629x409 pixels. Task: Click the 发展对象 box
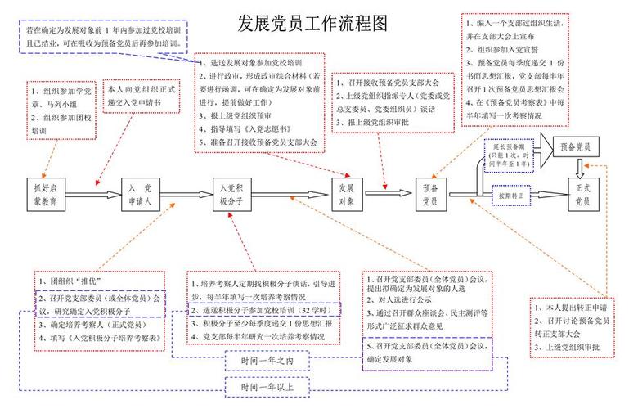(346, 194)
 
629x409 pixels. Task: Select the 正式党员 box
(582, 194)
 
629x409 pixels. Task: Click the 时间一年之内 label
(263, 360)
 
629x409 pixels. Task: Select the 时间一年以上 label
(263, 386)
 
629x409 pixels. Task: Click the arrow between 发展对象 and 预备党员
(388, 194)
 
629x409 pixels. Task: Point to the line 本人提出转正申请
(570, 308)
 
